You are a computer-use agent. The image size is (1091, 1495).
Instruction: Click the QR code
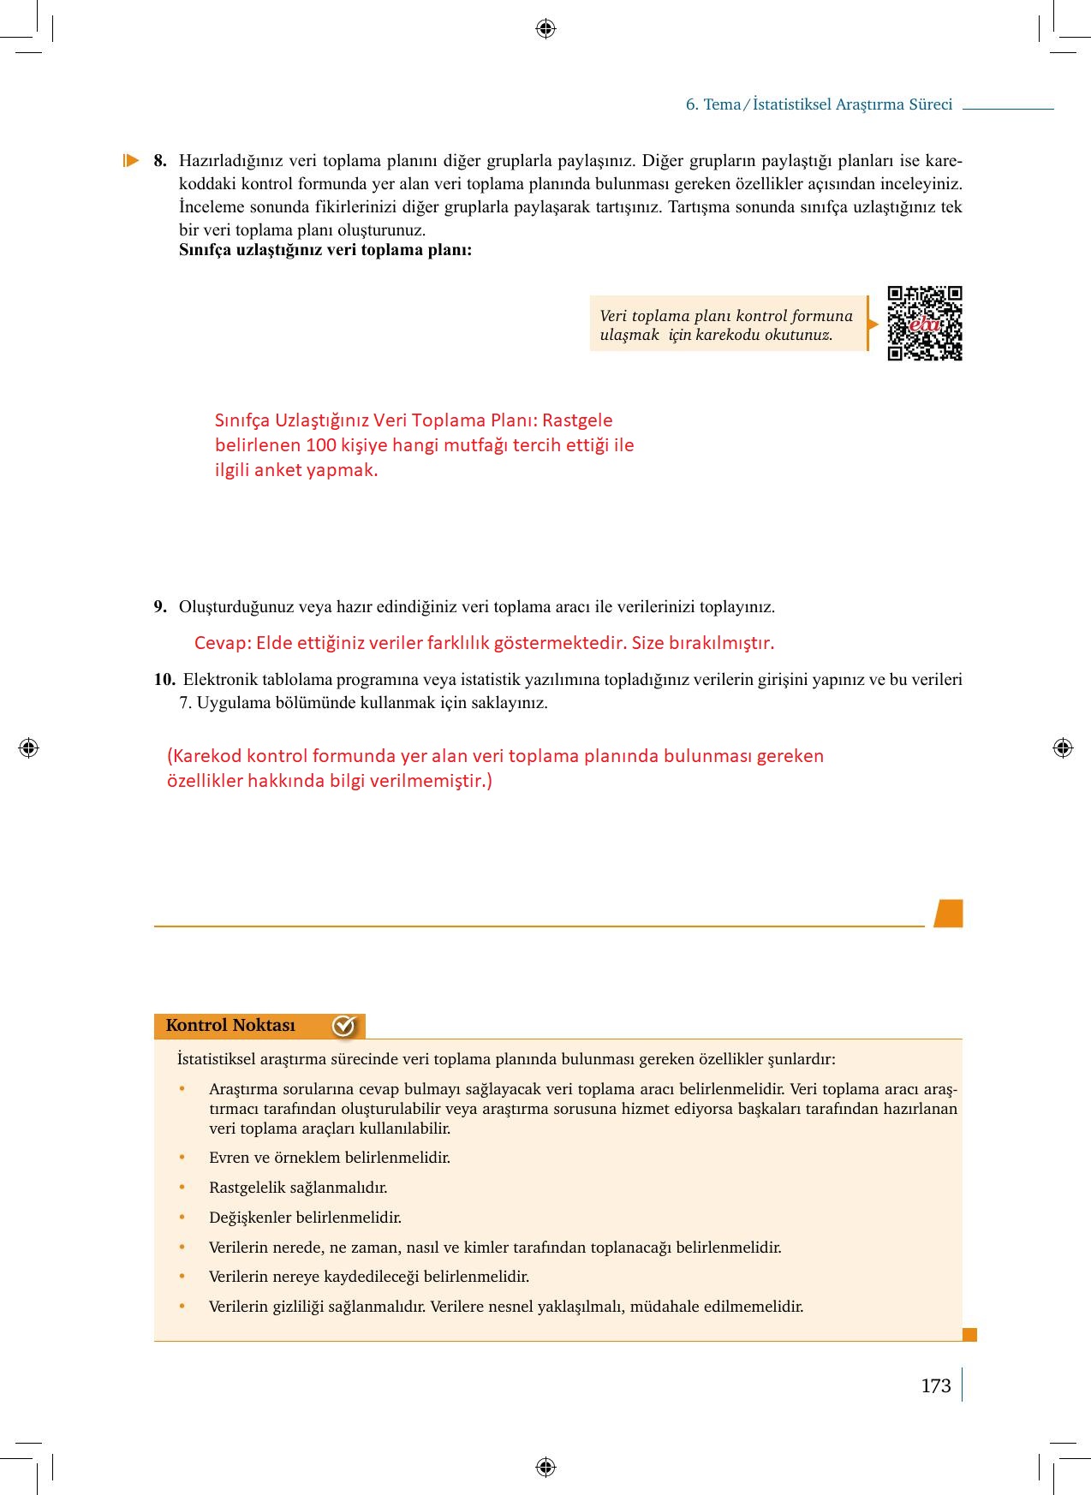click(925, 324)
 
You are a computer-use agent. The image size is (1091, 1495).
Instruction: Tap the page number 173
click(935, 1385)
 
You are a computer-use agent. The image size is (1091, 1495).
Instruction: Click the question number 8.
click(160, 161)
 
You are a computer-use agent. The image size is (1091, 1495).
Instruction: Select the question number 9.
click(160, 607)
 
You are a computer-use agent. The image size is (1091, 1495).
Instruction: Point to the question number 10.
click(164, 680)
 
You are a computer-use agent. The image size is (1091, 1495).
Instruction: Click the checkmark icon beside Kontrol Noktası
click(343, 1025)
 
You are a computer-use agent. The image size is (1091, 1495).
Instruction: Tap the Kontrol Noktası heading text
click(230, 1025)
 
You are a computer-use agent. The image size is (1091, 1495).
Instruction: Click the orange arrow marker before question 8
click(131, 160)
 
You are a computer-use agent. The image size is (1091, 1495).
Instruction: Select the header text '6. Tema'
click(712, 104)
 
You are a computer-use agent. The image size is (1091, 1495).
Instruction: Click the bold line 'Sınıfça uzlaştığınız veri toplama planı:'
click(325, 250)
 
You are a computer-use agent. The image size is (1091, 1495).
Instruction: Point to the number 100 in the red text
click(321, 445)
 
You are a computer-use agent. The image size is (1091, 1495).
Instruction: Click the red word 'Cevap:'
click(223, 643)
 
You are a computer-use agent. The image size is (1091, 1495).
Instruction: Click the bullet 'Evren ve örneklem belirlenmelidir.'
click(329, 1158)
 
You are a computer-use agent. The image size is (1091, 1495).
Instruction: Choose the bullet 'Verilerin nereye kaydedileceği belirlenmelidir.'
click(368, 1277)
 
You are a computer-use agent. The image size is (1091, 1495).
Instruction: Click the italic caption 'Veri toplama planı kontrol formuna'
click(726, 316)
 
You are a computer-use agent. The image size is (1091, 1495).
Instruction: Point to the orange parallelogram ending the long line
click(948, 914)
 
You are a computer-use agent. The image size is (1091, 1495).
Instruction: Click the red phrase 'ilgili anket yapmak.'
click(295, 470)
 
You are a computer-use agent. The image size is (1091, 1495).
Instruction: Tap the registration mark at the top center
click(545, 29)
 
